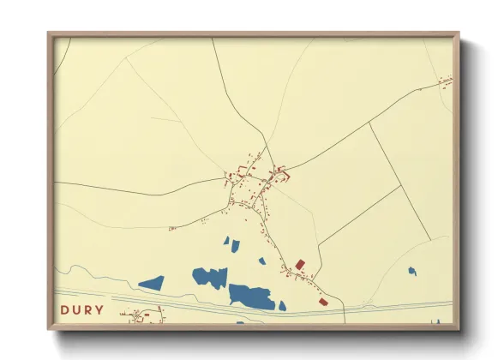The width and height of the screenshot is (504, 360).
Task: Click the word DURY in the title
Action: (82, 310)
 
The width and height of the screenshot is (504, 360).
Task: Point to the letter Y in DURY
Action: (99, 310)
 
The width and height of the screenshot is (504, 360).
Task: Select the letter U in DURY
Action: (75, 310)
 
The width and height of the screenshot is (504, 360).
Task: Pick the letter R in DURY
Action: (87, 310)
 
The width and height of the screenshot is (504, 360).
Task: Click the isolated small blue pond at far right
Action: (412, 271)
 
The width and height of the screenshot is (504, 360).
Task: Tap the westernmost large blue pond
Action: (152, 282)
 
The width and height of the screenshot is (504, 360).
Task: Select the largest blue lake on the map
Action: (251, 296)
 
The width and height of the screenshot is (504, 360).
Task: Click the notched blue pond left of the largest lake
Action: (211, 277)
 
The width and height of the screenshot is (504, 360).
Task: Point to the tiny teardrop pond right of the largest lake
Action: (282, 305)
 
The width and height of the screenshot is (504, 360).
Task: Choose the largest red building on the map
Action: (300, 265)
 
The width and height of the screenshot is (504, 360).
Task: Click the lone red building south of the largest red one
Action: (323, 301)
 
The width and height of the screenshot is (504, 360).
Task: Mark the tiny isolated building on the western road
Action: (172, 228)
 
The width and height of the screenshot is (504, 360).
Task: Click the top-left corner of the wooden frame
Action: (49, 34)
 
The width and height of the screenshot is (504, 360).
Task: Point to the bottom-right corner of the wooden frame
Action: (458, 329)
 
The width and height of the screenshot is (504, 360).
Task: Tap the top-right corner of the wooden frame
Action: (458, 34)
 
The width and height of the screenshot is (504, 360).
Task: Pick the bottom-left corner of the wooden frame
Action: (49, 329)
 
